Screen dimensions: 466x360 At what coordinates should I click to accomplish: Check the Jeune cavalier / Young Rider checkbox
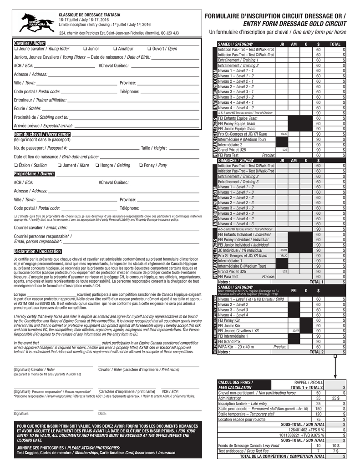16,49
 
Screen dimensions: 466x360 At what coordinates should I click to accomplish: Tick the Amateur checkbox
115,49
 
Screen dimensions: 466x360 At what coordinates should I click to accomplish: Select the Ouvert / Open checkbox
149,49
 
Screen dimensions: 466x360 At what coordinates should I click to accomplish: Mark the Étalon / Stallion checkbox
16,165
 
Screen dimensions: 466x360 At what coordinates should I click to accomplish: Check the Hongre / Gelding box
97,165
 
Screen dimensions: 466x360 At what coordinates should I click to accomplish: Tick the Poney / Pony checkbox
141,165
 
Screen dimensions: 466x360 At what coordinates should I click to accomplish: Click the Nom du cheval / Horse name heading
42,134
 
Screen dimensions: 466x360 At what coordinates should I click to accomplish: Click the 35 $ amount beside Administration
335,398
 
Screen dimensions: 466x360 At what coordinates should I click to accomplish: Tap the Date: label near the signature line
102,413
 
